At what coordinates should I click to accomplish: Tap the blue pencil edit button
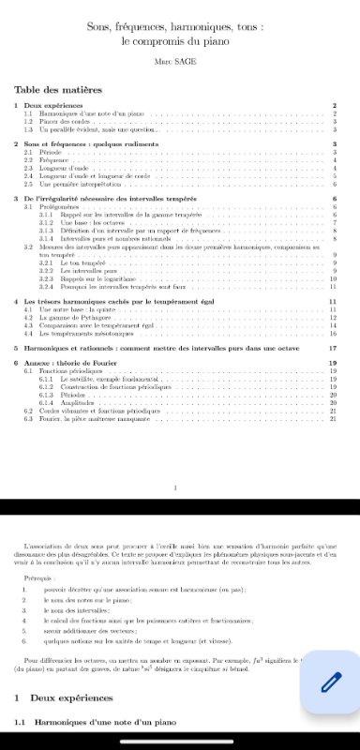[330, 681]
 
